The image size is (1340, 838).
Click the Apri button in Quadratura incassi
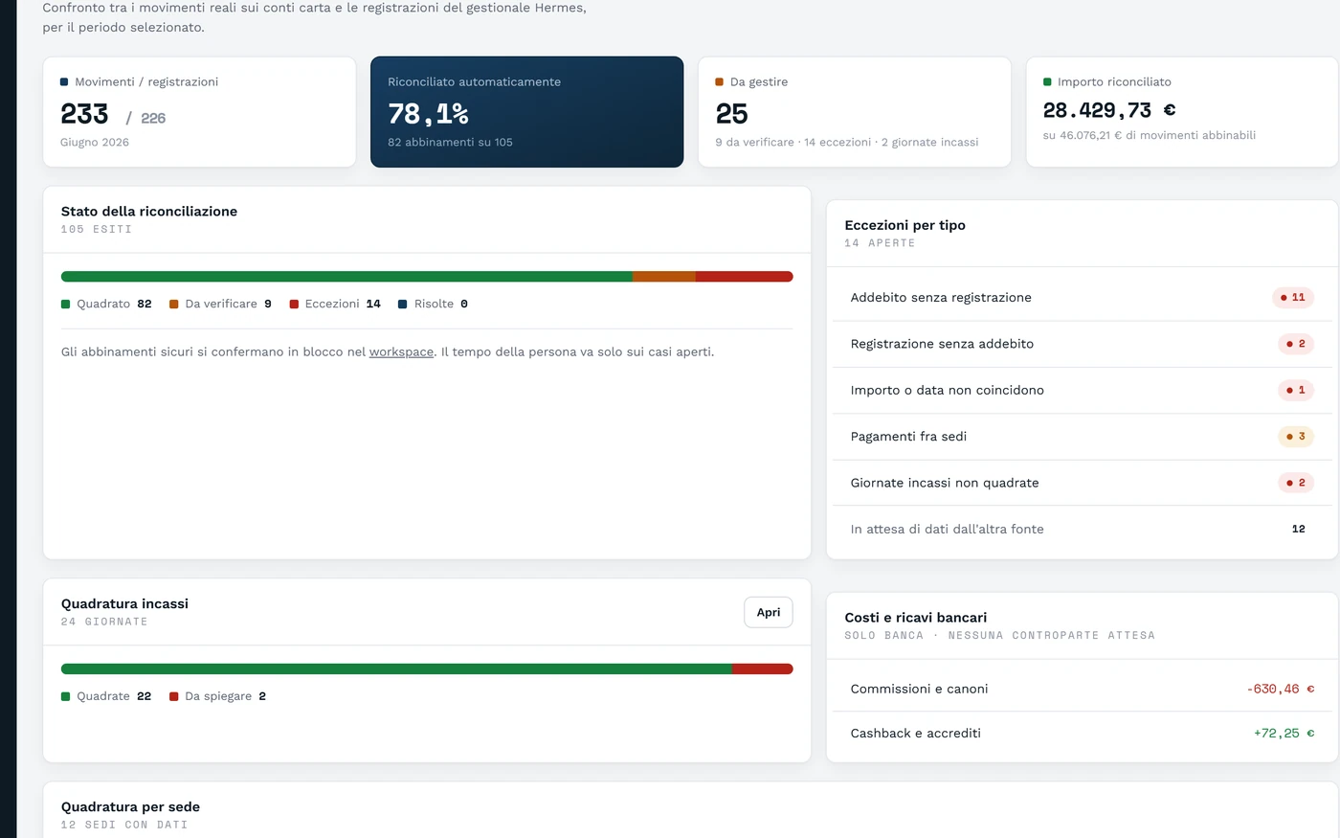[768, 612]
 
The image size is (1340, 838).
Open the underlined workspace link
[401, 352]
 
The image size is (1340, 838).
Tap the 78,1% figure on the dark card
[428, 114]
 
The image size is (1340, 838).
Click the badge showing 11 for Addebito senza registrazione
[1293, 298]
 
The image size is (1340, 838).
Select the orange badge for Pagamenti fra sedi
[1296, 437]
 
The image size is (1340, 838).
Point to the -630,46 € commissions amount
[1281, 689]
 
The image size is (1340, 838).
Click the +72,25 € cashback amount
[1284, 734]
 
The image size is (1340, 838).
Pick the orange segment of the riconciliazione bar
[664, 277]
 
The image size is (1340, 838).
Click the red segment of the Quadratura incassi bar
[762, 668]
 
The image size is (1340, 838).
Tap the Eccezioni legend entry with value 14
[335, 305]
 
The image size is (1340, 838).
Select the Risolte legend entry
[433, 305]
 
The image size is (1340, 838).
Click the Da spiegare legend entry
[218, 696]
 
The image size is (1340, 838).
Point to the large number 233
[84, 114]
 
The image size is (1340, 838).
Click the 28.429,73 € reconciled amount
[1109, 110]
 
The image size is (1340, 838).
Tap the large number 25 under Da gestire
[731, 114]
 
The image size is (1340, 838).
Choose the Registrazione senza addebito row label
[942, 344]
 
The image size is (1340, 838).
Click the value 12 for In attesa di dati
[1298, 529]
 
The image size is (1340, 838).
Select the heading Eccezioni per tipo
[905, 226]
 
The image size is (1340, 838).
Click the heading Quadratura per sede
[130, 806]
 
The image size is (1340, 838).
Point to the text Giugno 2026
[95, 143]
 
